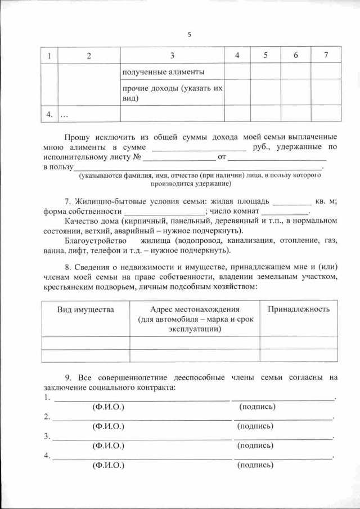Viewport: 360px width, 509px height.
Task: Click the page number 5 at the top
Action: [x=190, y=34]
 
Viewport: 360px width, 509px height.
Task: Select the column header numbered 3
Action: [x=172, y=55]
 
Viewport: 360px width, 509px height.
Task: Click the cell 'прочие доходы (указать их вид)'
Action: [x=172, y=93]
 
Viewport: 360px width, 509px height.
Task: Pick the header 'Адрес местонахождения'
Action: [x=195, y=310]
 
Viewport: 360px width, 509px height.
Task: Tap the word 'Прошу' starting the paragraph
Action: [x=78, y=137]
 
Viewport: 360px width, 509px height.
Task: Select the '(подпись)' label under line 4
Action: [x=256, y=465]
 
